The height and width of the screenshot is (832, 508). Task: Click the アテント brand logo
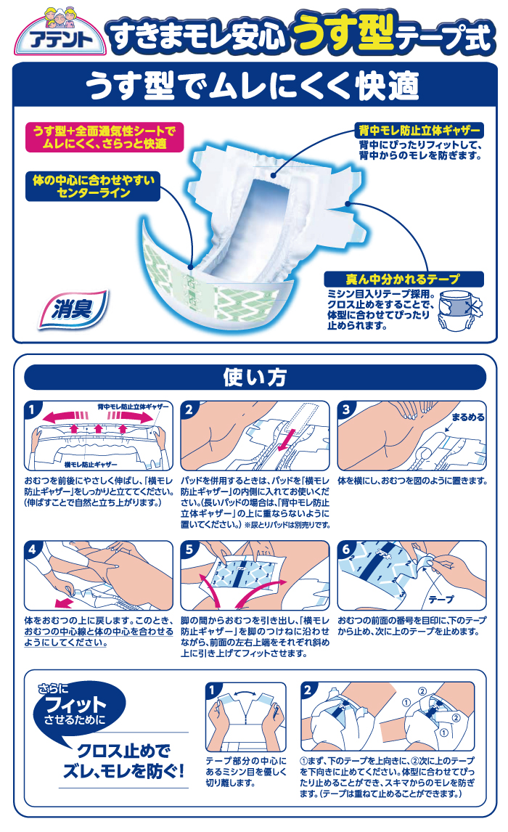point(60,33)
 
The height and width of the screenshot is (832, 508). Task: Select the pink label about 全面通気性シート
point(105,137)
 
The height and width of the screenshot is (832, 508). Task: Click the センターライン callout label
point(93,187)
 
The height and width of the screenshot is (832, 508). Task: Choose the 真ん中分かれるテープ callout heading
point(403,279)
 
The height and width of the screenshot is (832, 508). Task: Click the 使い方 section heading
point(255,378)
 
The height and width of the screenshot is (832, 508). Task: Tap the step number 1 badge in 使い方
point(33,409)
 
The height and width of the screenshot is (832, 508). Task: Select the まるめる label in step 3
point(467,417)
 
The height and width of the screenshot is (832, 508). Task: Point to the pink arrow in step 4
point(64,603)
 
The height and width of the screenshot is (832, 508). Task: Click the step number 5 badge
point(189,550)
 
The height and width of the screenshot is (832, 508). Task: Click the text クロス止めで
point(124,751)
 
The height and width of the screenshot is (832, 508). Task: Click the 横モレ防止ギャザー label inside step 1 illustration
point(91,465)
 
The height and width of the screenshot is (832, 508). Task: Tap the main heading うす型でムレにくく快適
point(253,86)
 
